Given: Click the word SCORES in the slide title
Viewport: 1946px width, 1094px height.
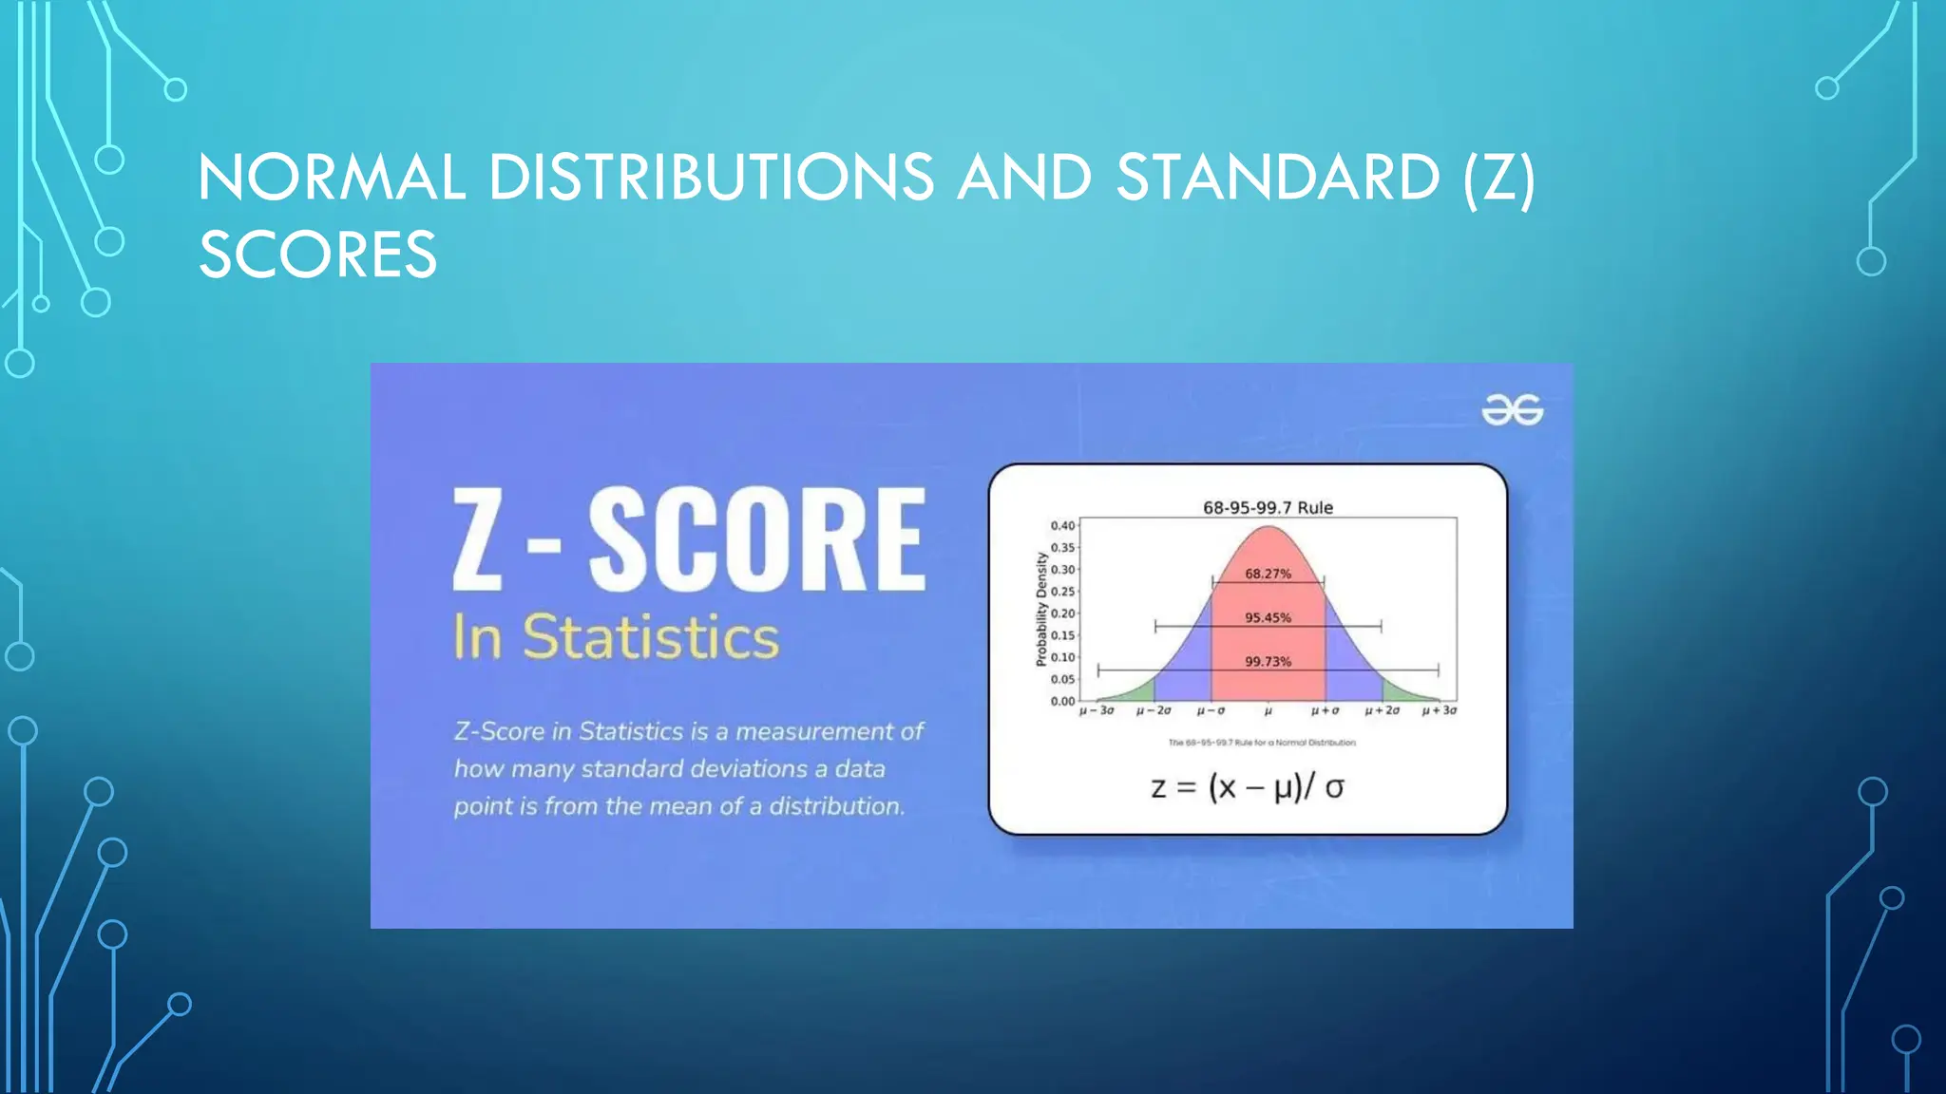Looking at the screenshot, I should pyautogui.click(x=317, y=255).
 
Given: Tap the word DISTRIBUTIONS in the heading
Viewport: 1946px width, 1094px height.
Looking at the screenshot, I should pyautogui.click(x=711, y=178).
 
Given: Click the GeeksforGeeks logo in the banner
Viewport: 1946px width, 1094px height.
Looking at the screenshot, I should pyautogui.click(x=1512, y=410).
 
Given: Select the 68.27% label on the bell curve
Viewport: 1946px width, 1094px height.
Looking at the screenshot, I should pyautogui.click(x=1268, y=574).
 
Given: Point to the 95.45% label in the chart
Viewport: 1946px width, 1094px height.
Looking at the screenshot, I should pyautogui.click(x=1268, y=617).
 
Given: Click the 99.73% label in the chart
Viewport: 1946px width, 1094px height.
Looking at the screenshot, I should pyautogui.click(x=1268, y=661).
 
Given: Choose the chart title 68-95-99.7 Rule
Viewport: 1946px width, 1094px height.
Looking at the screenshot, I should pyautogui.click(x=1268, y=507).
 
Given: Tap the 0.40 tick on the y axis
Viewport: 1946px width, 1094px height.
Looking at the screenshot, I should pyautogui.click(x=1062, y=525).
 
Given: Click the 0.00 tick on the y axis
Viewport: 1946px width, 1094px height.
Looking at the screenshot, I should pyautogui.click(x=1062, y=701).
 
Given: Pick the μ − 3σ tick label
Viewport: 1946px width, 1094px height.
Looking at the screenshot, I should pyautogui.click(x=1097, y=710).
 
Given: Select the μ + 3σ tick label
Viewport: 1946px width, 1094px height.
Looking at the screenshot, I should pyautogui.click(x=1439, y=710).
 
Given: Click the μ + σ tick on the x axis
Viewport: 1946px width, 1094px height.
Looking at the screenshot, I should pyautogui.click(x=1325, y=710).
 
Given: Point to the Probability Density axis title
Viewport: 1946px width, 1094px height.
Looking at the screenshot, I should pyautogui.click(x=1041, y=609).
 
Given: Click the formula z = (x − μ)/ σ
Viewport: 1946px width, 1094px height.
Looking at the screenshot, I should pyautogui.click(x=1247, y=787).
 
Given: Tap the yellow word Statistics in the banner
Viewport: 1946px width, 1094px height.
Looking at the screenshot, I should pyautogui.click(x=651, y=636).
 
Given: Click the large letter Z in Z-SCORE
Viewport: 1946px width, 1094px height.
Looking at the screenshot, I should pyautogui.click(x=477, y=538).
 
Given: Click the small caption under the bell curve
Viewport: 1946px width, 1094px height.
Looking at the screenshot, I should pyautogui.click(x=1262, y=743).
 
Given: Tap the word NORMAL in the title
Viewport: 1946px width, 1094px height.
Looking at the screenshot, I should pyautogui.click(x=332, y=178).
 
